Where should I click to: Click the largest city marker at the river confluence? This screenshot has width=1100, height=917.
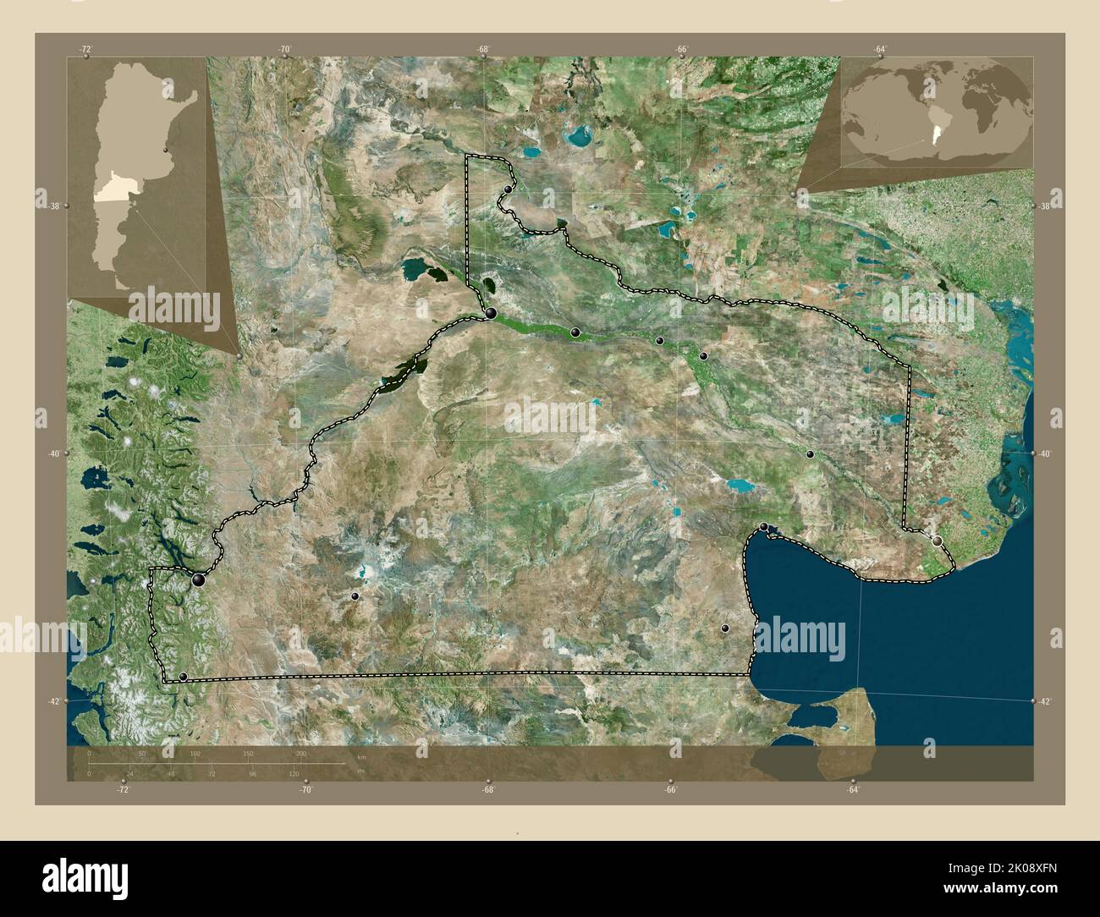[490, 314]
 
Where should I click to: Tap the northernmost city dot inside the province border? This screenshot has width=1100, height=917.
[508, 189]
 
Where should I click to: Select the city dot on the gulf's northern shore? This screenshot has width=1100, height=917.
[765, 527]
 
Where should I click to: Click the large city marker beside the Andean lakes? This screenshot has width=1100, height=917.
[199, 579]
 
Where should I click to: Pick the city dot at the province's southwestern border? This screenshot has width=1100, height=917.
[183, 676]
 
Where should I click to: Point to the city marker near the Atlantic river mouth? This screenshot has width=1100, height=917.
[937, 539]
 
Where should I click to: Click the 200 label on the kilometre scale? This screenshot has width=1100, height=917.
[300, 753]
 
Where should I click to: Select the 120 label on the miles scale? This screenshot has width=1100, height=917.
[294, 773]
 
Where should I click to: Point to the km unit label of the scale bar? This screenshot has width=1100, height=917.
[362, 757]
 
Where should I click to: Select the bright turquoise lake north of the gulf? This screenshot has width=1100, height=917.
[740, 486]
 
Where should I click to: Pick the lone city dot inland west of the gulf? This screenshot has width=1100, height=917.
[725, 628]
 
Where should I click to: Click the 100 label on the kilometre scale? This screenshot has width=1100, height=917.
[195, 753]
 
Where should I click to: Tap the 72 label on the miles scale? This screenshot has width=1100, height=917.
[212, 773]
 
